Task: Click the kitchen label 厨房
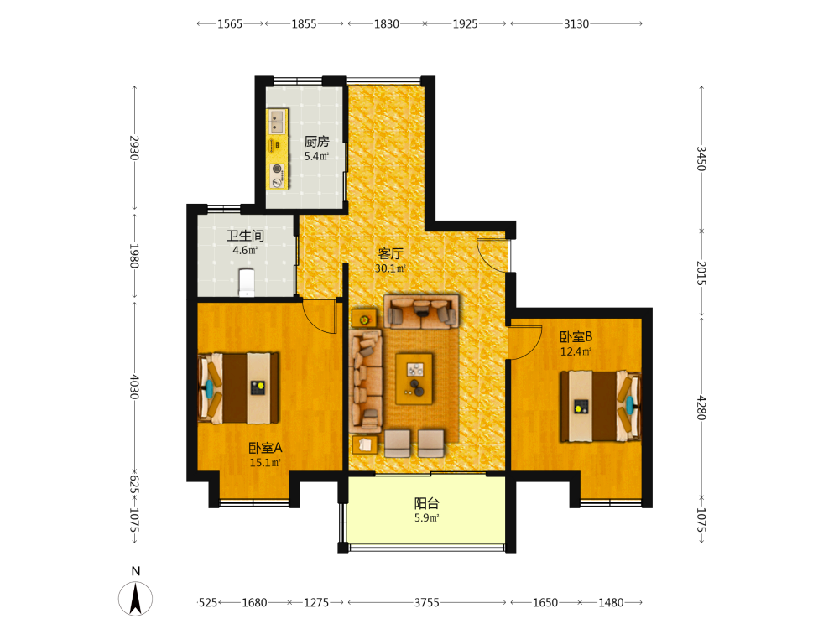click(x=316, y=141)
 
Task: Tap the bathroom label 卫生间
click(x=245, y=236)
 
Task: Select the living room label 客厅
click(x=390, y=253)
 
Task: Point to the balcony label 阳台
click(x=426, y=503)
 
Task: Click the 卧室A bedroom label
click(x=265, y=448)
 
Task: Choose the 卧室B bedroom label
click(x=576, y=337)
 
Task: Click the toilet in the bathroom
click(x=246, y=282)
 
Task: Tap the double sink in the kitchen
click(x=276, y=122)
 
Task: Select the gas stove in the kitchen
click(x=277, y=175)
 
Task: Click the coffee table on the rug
click(x=414, y=379)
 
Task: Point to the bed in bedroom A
click(x=238, y=387)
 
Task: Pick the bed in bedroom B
click(x=601, y=406)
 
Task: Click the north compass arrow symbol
click(x=135, y=599)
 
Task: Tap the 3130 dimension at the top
click(x=576, y=23)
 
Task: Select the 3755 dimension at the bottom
click(x=426, y=603)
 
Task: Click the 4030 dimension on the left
click(x=134, y=387)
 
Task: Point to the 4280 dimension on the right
click(x=701, y=408)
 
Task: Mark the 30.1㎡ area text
click(x=390, y=268)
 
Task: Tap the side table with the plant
click(x=364, y=320)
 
